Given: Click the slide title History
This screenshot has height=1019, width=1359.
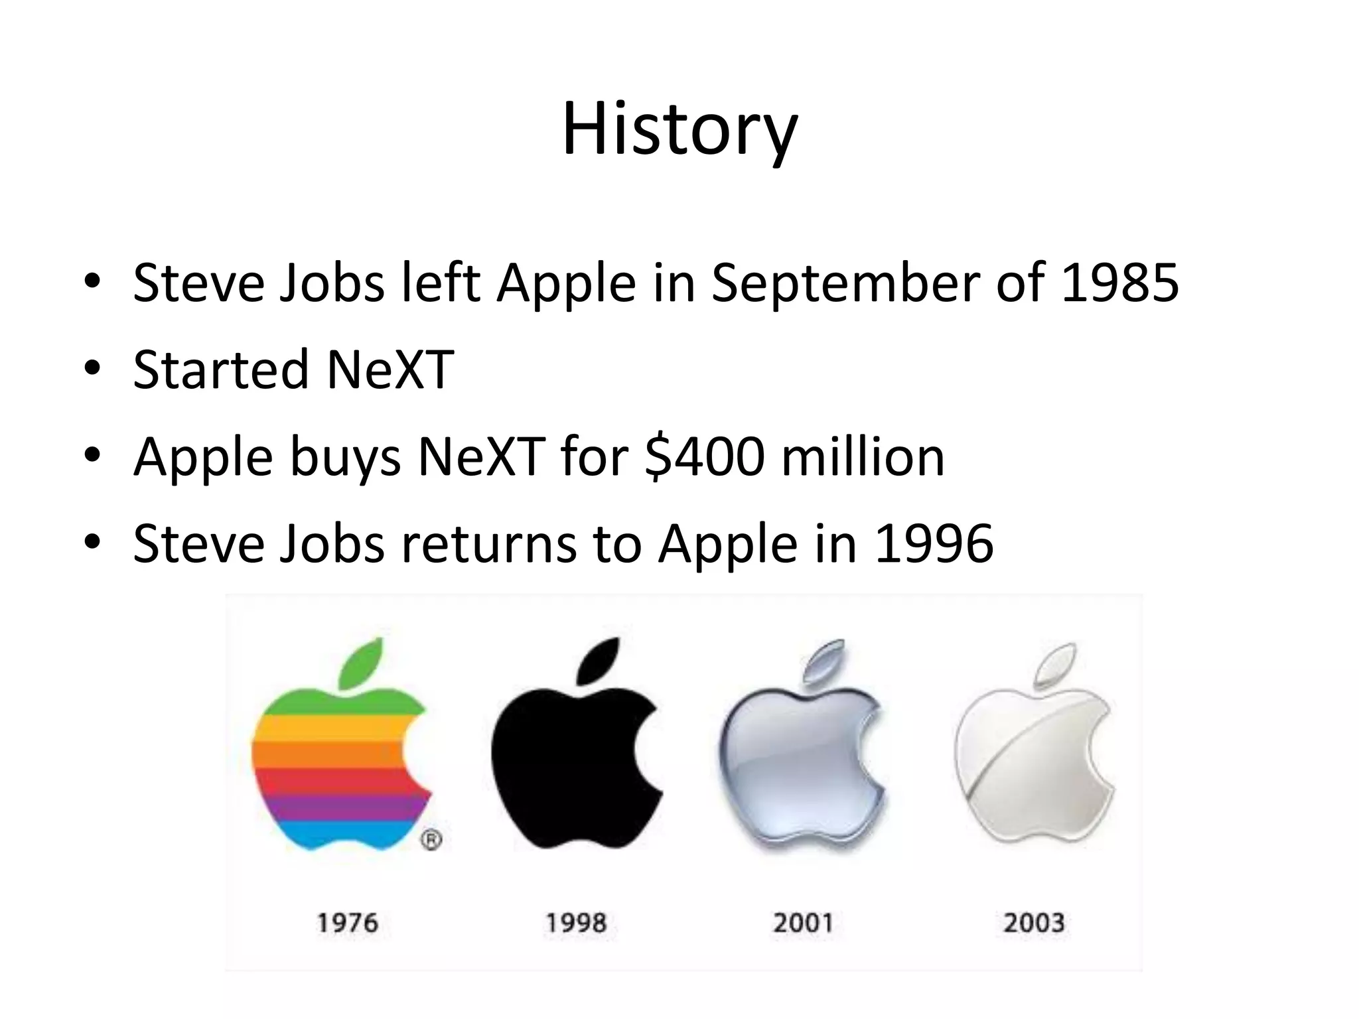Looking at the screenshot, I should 679,129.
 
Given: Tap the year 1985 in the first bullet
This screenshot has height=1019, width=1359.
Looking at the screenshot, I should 1120,283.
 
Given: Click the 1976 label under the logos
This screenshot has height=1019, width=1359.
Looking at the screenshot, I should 347,923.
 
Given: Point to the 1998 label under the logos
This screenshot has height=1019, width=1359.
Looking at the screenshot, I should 576,923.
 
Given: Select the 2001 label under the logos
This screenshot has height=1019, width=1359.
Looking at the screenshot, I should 803,923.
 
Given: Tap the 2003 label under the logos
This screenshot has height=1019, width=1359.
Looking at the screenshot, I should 1034,923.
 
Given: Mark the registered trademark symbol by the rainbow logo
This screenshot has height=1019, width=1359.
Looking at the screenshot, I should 431,840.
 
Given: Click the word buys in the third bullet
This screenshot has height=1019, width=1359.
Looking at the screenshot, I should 345,458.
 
